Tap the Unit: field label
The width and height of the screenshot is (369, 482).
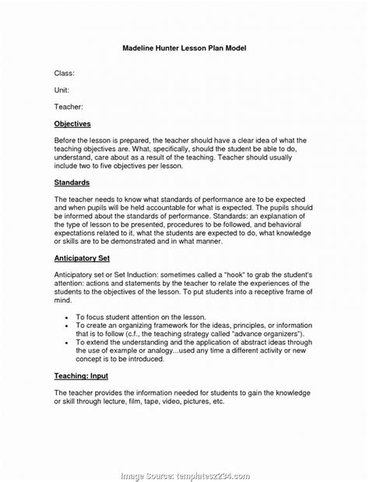pyautogui.click(x=61, y=90)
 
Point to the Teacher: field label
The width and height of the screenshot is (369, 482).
pyautogui.click(x=69, y=106)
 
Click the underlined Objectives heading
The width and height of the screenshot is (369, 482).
pyautogui.click(x=72, y=124)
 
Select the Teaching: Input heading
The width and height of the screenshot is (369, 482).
pyautogui.click(x=81, y=375)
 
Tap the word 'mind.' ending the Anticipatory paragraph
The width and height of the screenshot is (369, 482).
pyautogui.click(x=63, y=301)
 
